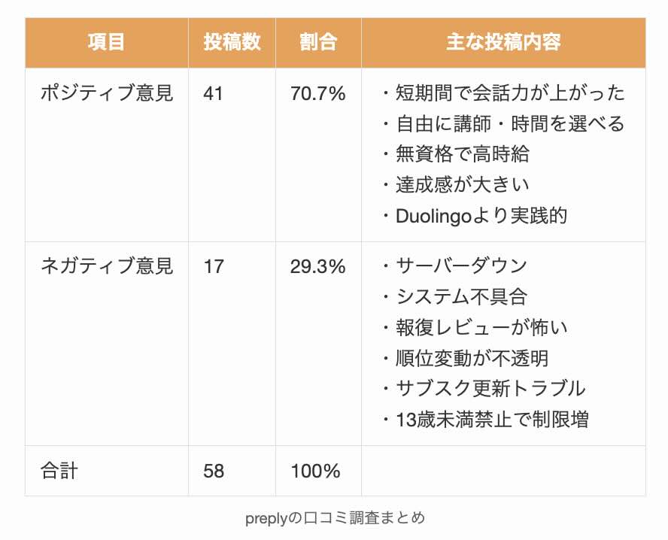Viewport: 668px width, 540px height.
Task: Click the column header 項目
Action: point(106,42)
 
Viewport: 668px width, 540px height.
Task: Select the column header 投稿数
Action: point(232,42)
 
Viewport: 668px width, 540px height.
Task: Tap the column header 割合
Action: point(318,42)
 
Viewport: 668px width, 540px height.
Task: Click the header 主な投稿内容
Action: point(503,42)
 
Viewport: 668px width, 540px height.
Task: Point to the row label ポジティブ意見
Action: point(106,93)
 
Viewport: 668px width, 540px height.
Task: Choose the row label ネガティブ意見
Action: point(106,266)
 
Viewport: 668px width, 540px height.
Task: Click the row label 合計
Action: point(59,471)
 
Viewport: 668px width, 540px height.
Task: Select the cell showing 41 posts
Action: point(214,94)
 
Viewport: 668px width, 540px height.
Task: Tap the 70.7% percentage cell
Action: point(317,94)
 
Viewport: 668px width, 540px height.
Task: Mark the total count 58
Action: point(214,472)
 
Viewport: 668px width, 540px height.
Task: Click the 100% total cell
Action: point(315,472)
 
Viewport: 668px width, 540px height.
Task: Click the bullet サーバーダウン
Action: point(461,266)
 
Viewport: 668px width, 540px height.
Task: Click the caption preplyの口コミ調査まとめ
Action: point(335,518)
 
